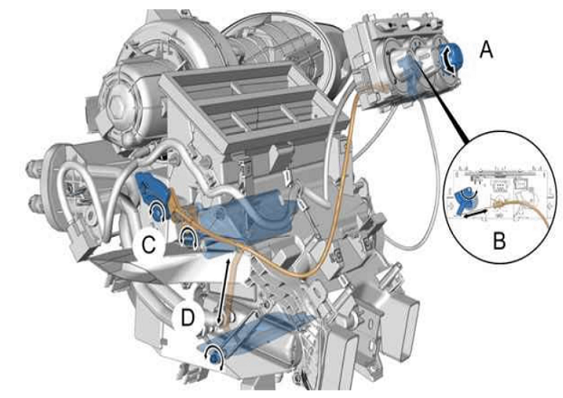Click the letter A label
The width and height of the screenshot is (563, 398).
pyautogui.click(x=486, y=50)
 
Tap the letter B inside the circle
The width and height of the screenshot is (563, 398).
pyautogui.click(x=500, y=241)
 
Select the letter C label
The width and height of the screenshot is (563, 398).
pyautogui.click(x=148, y=245)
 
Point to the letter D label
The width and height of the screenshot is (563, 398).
pyautogui.click(x=187, y=317)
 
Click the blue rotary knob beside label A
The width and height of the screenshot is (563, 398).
pyautogui.click(x=451, y=58)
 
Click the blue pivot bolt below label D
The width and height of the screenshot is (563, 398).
pyautogui.click(x=215, y=356)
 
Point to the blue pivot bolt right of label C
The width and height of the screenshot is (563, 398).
pyautogui.click(x=187, y=237)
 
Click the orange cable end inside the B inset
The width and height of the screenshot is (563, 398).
pyautogui.click(x=498, y=205)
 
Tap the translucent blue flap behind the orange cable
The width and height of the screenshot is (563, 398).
pyautogui.click(x=240, y=215)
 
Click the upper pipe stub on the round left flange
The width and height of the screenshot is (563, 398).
pyautogui.click(x=32, y=168)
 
